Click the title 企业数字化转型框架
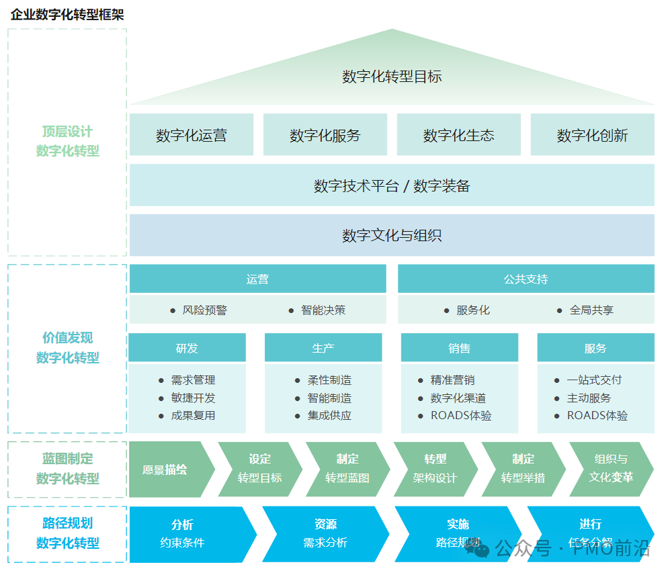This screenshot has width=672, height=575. tap(67, 15)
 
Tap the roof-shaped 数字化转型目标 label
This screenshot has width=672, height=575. tap(392, 77)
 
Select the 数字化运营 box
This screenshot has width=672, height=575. tap(192, 135)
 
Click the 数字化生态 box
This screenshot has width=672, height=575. tap(458, 135)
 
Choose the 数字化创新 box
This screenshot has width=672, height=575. tap(592, 135)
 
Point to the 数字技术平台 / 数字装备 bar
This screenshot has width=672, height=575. tap(392, 185)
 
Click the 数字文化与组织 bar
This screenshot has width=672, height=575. tap(392, 235)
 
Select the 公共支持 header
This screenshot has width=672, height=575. tap(526, 279)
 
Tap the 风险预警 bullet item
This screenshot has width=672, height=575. tap(204, 310)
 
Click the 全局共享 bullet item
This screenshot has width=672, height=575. tap(591, 310)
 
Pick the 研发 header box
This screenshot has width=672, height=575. tap(187, 348)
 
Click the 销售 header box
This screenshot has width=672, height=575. tap(459, 348)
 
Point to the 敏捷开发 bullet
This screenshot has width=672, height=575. tap(193, 398)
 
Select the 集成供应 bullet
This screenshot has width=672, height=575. tap(329, 416)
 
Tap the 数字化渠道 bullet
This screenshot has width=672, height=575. tap(458, 398)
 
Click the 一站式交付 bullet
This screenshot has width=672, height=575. tap(594, 380)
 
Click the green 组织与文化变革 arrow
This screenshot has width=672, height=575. tap(610, 468)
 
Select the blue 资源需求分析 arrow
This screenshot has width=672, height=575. tap(325, 533)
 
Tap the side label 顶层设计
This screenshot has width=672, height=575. tap(67, 132)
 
